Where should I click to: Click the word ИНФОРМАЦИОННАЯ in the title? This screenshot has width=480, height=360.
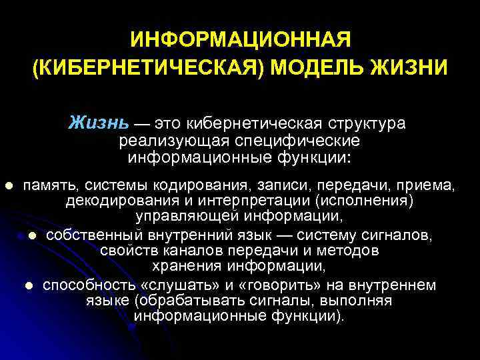click(x=240, y=40)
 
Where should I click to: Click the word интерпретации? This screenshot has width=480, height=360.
click(x=258, y=201)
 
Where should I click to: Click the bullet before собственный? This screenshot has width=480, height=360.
click(x=32, y=235)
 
